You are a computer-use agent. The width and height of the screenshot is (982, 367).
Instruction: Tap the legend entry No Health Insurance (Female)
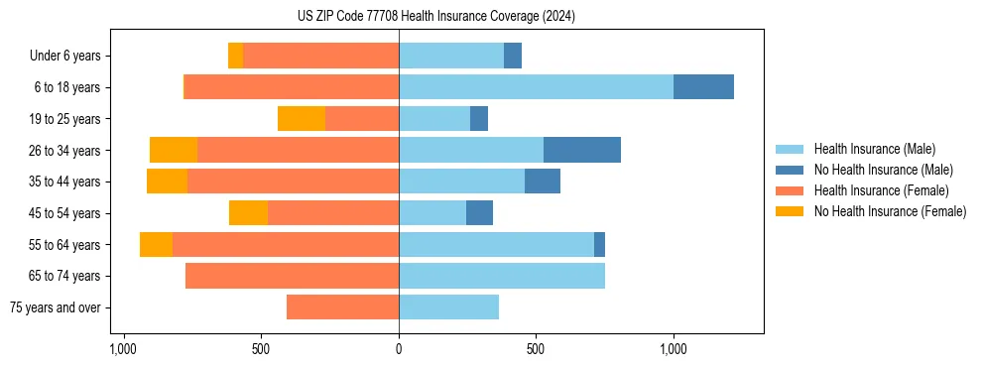coord(888,211)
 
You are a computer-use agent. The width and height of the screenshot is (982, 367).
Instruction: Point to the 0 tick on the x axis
coord(399,350)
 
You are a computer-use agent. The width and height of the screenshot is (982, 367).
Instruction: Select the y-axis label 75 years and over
coord(56,307)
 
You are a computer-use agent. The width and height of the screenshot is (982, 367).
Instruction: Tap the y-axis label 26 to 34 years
coord(65,151)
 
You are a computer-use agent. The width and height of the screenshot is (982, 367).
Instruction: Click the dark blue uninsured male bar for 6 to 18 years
coord(703,87)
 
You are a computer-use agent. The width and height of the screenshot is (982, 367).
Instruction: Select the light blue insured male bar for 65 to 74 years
coord(502,276)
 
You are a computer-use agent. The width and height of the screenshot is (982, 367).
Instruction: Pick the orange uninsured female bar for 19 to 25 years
coord(302,119)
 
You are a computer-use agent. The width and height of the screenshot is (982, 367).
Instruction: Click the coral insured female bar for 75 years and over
coord(342,307)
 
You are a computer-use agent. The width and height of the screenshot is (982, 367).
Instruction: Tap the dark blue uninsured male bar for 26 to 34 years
coord(582,150)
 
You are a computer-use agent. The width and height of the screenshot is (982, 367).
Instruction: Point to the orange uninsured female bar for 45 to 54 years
coord(248,213)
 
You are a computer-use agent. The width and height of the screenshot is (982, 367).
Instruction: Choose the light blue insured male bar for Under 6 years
coord(451,56)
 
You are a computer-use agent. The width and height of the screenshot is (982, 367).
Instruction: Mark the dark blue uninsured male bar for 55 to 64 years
coord(599,245)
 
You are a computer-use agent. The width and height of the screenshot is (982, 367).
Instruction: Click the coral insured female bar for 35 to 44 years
coord(293,182)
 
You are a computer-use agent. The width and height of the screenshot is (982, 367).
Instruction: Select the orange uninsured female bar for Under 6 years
coord(235,56)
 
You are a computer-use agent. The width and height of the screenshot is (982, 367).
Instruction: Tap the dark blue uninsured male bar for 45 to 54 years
coord(479,213)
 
